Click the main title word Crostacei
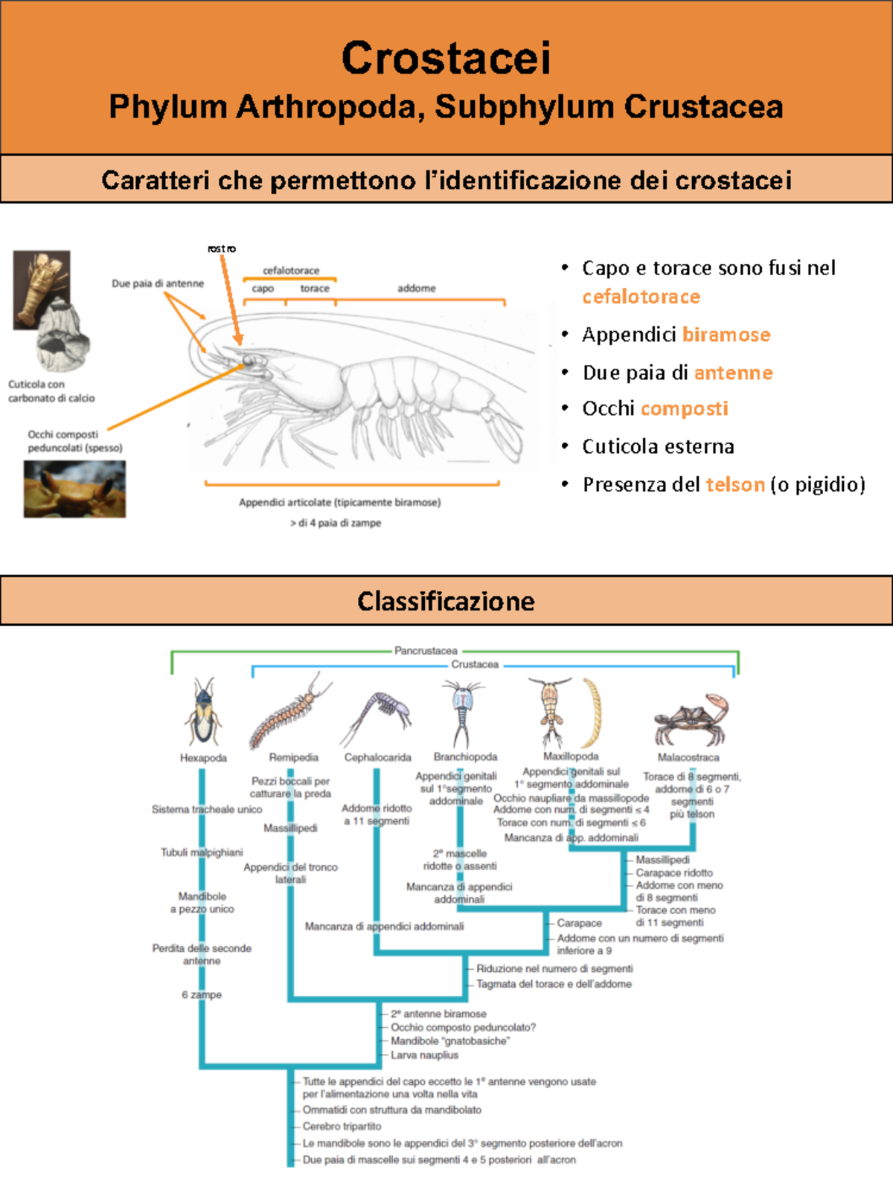446,58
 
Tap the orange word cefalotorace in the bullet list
641,297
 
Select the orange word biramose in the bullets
726,335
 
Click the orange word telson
735,485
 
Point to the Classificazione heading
446,601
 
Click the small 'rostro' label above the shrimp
222,248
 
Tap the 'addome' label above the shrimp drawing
416,288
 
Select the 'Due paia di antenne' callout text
158,283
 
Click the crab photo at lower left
74,489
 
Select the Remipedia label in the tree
294,757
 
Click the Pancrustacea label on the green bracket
426,650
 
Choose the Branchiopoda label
465,756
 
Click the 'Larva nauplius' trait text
424,1055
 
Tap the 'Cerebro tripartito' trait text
342,1126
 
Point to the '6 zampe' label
202,994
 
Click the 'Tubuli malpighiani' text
202,852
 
